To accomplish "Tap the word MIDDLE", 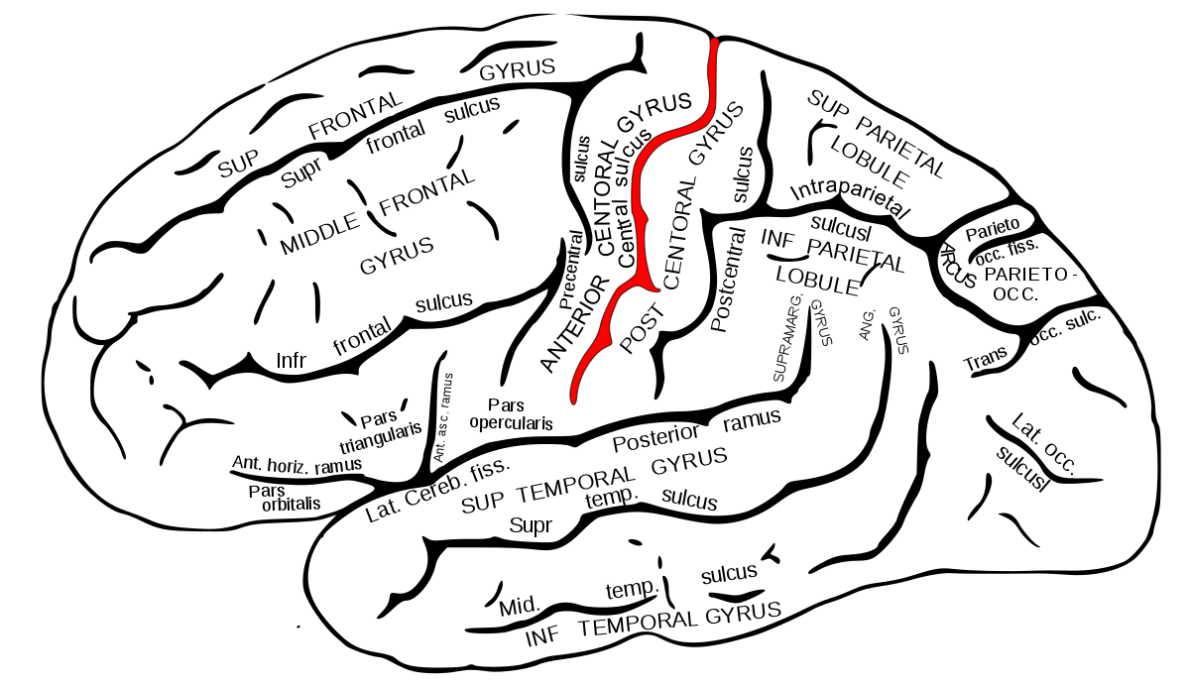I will tap(319, 236).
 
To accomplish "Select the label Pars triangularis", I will tap(382, 430).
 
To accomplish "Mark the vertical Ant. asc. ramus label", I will tap(442, 416).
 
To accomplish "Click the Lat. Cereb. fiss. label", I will tap(437, 493).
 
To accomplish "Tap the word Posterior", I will tap(656, 435).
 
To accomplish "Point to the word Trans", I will tap(986, 359).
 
